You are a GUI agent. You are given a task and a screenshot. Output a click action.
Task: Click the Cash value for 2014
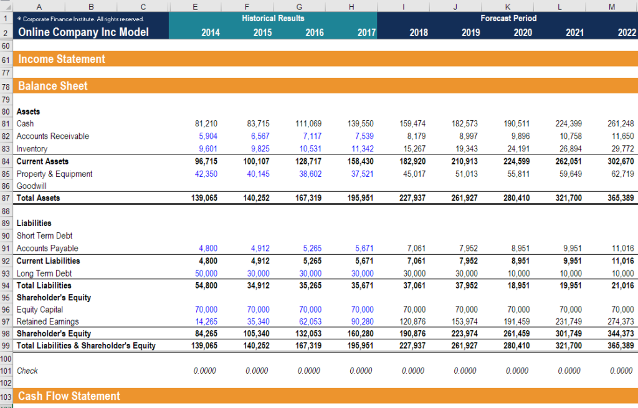point(206,123)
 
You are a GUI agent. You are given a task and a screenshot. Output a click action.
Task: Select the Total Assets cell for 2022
point(621,198)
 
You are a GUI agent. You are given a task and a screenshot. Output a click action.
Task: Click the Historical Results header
point(273,18)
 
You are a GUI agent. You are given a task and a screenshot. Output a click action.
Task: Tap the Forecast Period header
point(508,18)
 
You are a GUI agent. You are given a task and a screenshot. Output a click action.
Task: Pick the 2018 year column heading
point(418,32)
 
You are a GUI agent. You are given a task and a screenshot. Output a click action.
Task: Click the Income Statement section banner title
point(62,59)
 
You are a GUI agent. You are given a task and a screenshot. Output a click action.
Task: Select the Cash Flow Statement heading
point(69,396)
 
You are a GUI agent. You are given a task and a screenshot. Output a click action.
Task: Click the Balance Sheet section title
point(53,86)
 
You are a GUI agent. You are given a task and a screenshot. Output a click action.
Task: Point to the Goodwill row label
point(32,186)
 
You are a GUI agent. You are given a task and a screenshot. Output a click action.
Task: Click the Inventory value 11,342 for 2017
point(362,148)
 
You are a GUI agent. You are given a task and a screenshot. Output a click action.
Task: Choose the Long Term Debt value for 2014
point(206,273)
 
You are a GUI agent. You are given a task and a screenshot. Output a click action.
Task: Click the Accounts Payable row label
point(47,249)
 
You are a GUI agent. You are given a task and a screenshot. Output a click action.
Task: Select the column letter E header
point(194,6)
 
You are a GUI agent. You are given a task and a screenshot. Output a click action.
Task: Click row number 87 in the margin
point(6,198)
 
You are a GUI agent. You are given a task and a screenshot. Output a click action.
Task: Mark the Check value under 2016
point(309,371)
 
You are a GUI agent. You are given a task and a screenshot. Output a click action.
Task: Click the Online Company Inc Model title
point(83,32)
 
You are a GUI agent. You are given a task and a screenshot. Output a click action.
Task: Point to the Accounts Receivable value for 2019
point(466,136)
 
